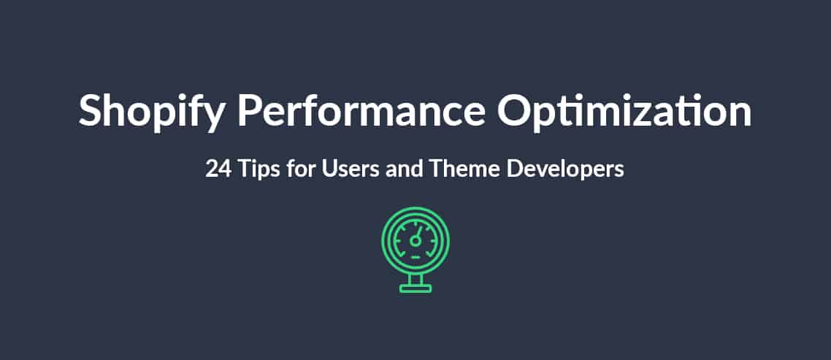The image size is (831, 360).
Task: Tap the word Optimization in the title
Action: tap(624, 112)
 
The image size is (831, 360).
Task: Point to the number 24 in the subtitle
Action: tap(218, 169)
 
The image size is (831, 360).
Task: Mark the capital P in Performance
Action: tap(249, 111)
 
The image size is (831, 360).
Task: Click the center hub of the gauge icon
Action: tap(415, 241)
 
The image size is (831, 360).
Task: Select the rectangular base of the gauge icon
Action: tap(415, 288)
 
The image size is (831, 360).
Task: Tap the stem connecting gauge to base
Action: tap(415, 280)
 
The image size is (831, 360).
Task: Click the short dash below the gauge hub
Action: tap(415, 257)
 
